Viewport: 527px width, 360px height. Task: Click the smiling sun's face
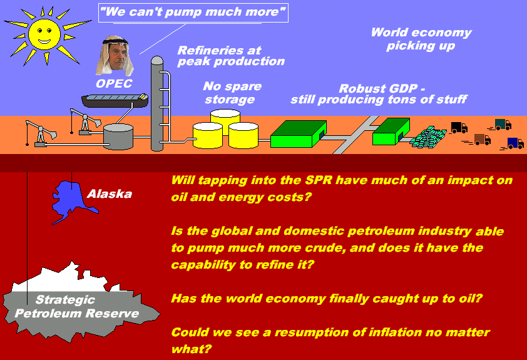(x=44, y=34)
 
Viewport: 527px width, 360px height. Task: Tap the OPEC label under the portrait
(x=115, y=83)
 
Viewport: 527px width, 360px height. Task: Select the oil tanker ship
(x=115, y=101)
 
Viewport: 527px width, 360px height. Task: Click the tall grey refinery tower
(x=157, y=103)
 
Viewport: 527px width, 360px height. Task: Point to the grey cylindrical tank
(x=118, y=136)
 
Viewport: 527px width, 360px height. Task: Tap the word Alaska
(x=110, y=193)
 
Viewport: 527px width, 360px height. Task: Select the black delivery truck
(x=459, y=128)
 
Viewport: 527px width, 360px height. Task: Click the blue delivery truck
(x=515, y=143)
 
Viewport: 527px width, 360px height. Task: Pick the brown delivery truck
(x=483, y=139)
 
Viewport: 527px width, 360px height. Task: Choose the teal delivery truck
(x=503, y=125)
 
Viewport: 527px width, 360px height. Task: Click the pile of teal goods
(x=428, y=137)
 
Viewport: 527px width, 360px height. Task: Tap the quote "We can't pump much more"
(x=193, y=12)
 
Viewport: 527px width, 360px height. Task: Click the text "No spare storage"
(x=232, y=93)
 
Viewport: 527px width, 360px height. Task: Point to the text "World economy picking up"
(x=421, y=39)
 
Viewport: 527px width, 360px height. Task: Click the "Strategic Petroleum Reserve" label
(x=76, y=307)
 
